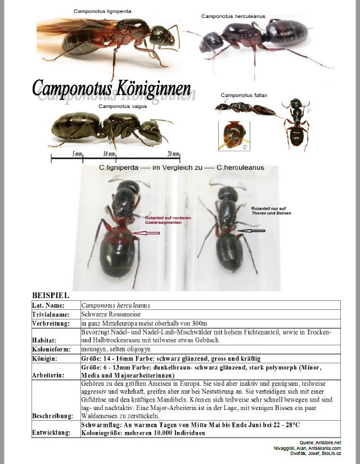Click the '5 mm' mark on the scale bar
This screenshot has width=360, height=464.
pyautogui.click(x=77, y=154)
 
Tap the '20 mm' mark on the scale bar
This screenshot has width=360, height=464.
pyautogui.click(x=173, y=154)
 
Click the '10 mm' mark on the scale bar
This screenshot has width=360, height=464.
pyautogui.click(x=109, y=154)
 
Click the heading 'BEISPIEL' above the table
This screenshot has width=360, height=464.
pyautogui.click(x=51, y=295)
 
